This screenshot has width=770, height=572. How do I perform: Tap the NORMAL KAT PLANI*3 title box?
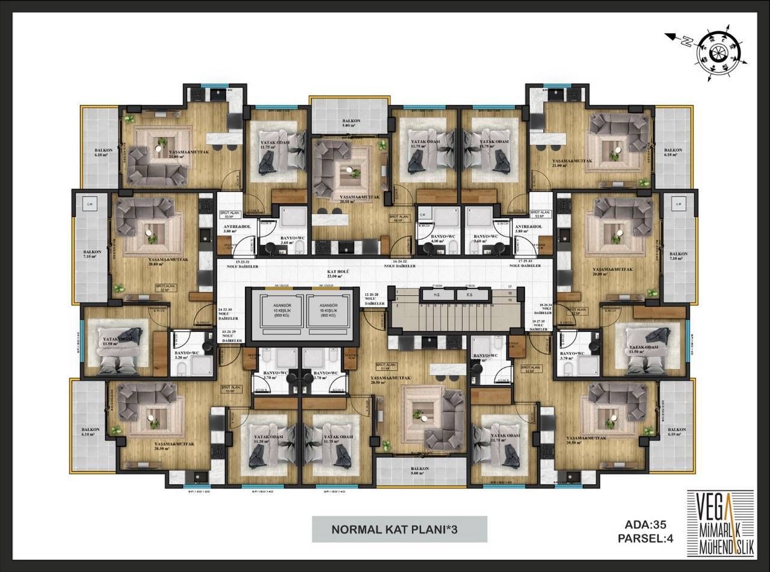pos(399,529)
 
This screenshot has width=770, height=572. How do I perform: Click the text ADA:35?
pos(647,525)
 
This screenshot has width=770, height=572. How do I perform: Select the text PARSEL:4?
pos(644,538)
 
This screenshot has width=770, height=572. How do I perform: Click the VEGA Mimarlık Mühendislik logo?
pos(720,517)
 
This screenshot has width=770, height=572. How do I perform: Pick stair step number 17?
pos(510,288)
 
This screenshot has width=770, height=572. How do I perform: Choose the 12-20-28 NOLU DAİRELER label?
pos(374,299)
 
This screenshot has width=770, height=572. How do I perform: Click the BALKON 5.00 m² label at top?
pos(351,123)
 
